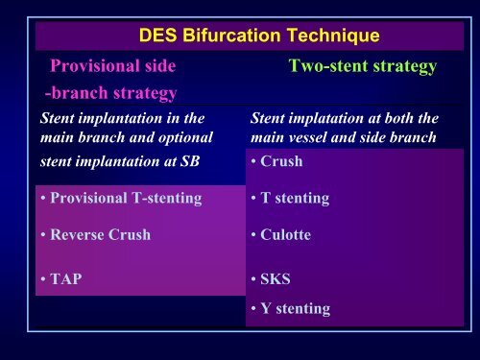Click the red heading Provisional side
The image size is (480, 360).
pyautogui.click(x=112, y=67)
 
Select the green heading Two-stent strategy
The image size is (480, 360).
pyautogui.click(x=363, y=67)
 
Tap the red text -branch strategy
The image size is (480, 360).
pyautogui.click(x=109, y=93)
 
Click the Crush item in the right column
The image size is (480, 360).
pyautogui.click(x=280, y=161)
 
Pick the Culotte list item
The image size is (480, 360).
pyautogui.click(x=285, y=234)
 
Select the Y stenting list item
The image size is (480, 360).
pyautogui.click(x=294, y=308)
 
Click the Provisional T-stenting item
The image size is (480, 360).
pyautogui.click(x=123, y=198)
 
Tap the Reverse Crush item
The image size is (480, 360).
pyautogui.click(x=101, y=234)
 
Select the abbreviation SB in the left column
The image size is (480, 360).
pyautogui.click(x=190, y=160)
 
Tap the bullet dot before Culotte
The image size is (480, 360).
pyautogui.click(x=252, y=235)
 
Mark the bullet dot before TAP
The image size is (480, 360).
pyautogui.click(x=45, y=281)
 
